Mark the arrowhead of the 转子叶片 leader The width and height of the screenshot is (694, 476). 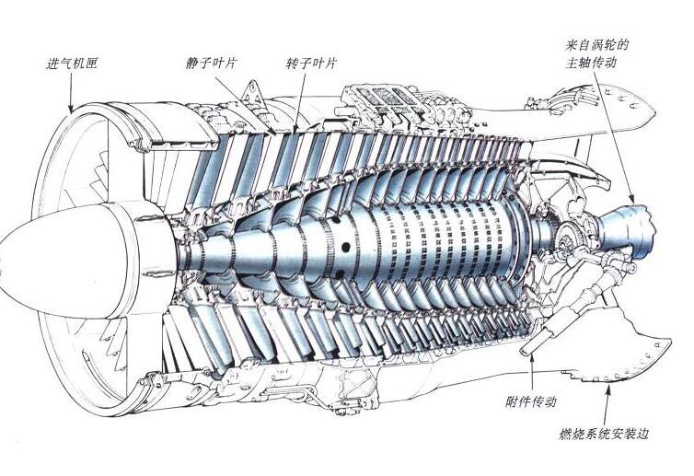pos(295,128)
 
